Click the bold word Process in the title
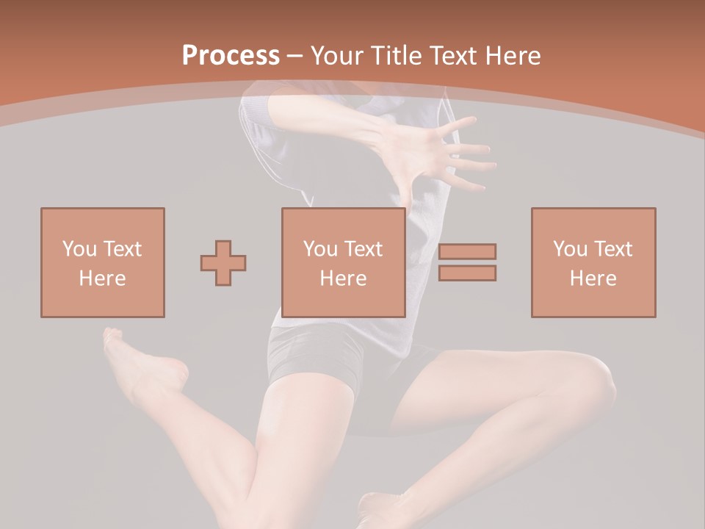231,56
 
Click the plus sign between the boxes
223,263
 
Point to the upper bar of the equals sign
467,251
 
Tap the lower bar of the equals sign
467,273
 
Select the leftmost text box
103,262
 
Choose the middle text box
344,262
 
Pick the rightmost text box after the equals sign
593,262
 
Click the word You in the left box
79,249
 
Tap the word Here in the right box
593,278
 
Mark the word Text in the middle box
363,249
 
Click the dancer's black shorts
316,360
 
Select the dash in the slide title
295,56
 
